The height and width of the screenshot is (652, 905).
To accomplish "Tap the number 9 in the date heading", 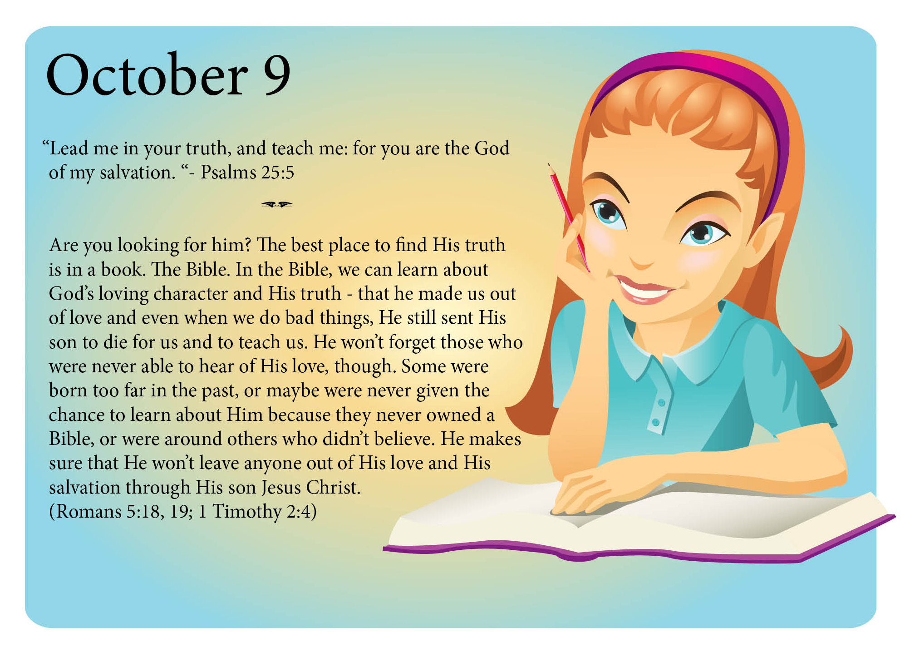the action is pos(277,75).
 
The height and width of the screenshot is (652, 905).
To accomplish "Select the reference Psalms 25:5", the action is pos(247,173).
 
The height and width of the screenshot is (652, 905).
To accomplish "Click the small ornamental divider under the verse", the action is pos(277,204).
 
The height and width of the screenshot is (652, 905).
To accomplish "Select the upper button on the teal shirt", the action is pos(661,403).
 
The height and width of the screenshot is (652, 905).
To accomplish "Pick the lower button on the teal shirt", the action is pos(655,422).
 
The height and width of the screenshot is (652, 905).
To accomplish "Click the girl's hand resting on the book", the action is pos(590,493).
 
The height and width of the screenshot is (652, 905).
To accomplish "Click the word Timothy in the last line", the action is pos(247,512).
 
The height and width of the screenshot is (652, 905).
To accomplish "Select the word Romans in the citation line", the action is pos(89,512).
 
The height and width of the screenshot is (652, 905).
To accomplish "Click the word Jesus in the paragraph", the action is pos(281,488).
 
